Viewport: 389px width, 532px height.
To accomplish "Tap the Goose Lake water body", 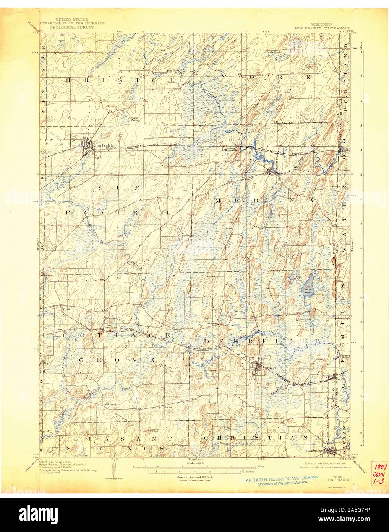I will click(308, 286).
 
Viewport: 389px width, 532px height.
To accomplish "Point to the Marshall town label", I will click(276, 173).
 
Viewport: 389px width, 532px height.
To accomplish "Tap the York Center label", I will click(274, 52).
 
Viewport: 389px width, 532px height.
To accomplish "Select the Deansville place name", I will click(231, 150).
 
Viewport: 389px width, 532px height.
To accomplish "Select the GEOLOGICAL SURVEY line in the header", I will click(71, 28).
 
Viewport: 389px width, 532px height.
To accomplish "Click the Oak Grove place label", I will click(211, 323).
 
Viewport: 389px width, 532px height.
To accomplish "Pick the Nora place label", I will click(167, 407).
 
